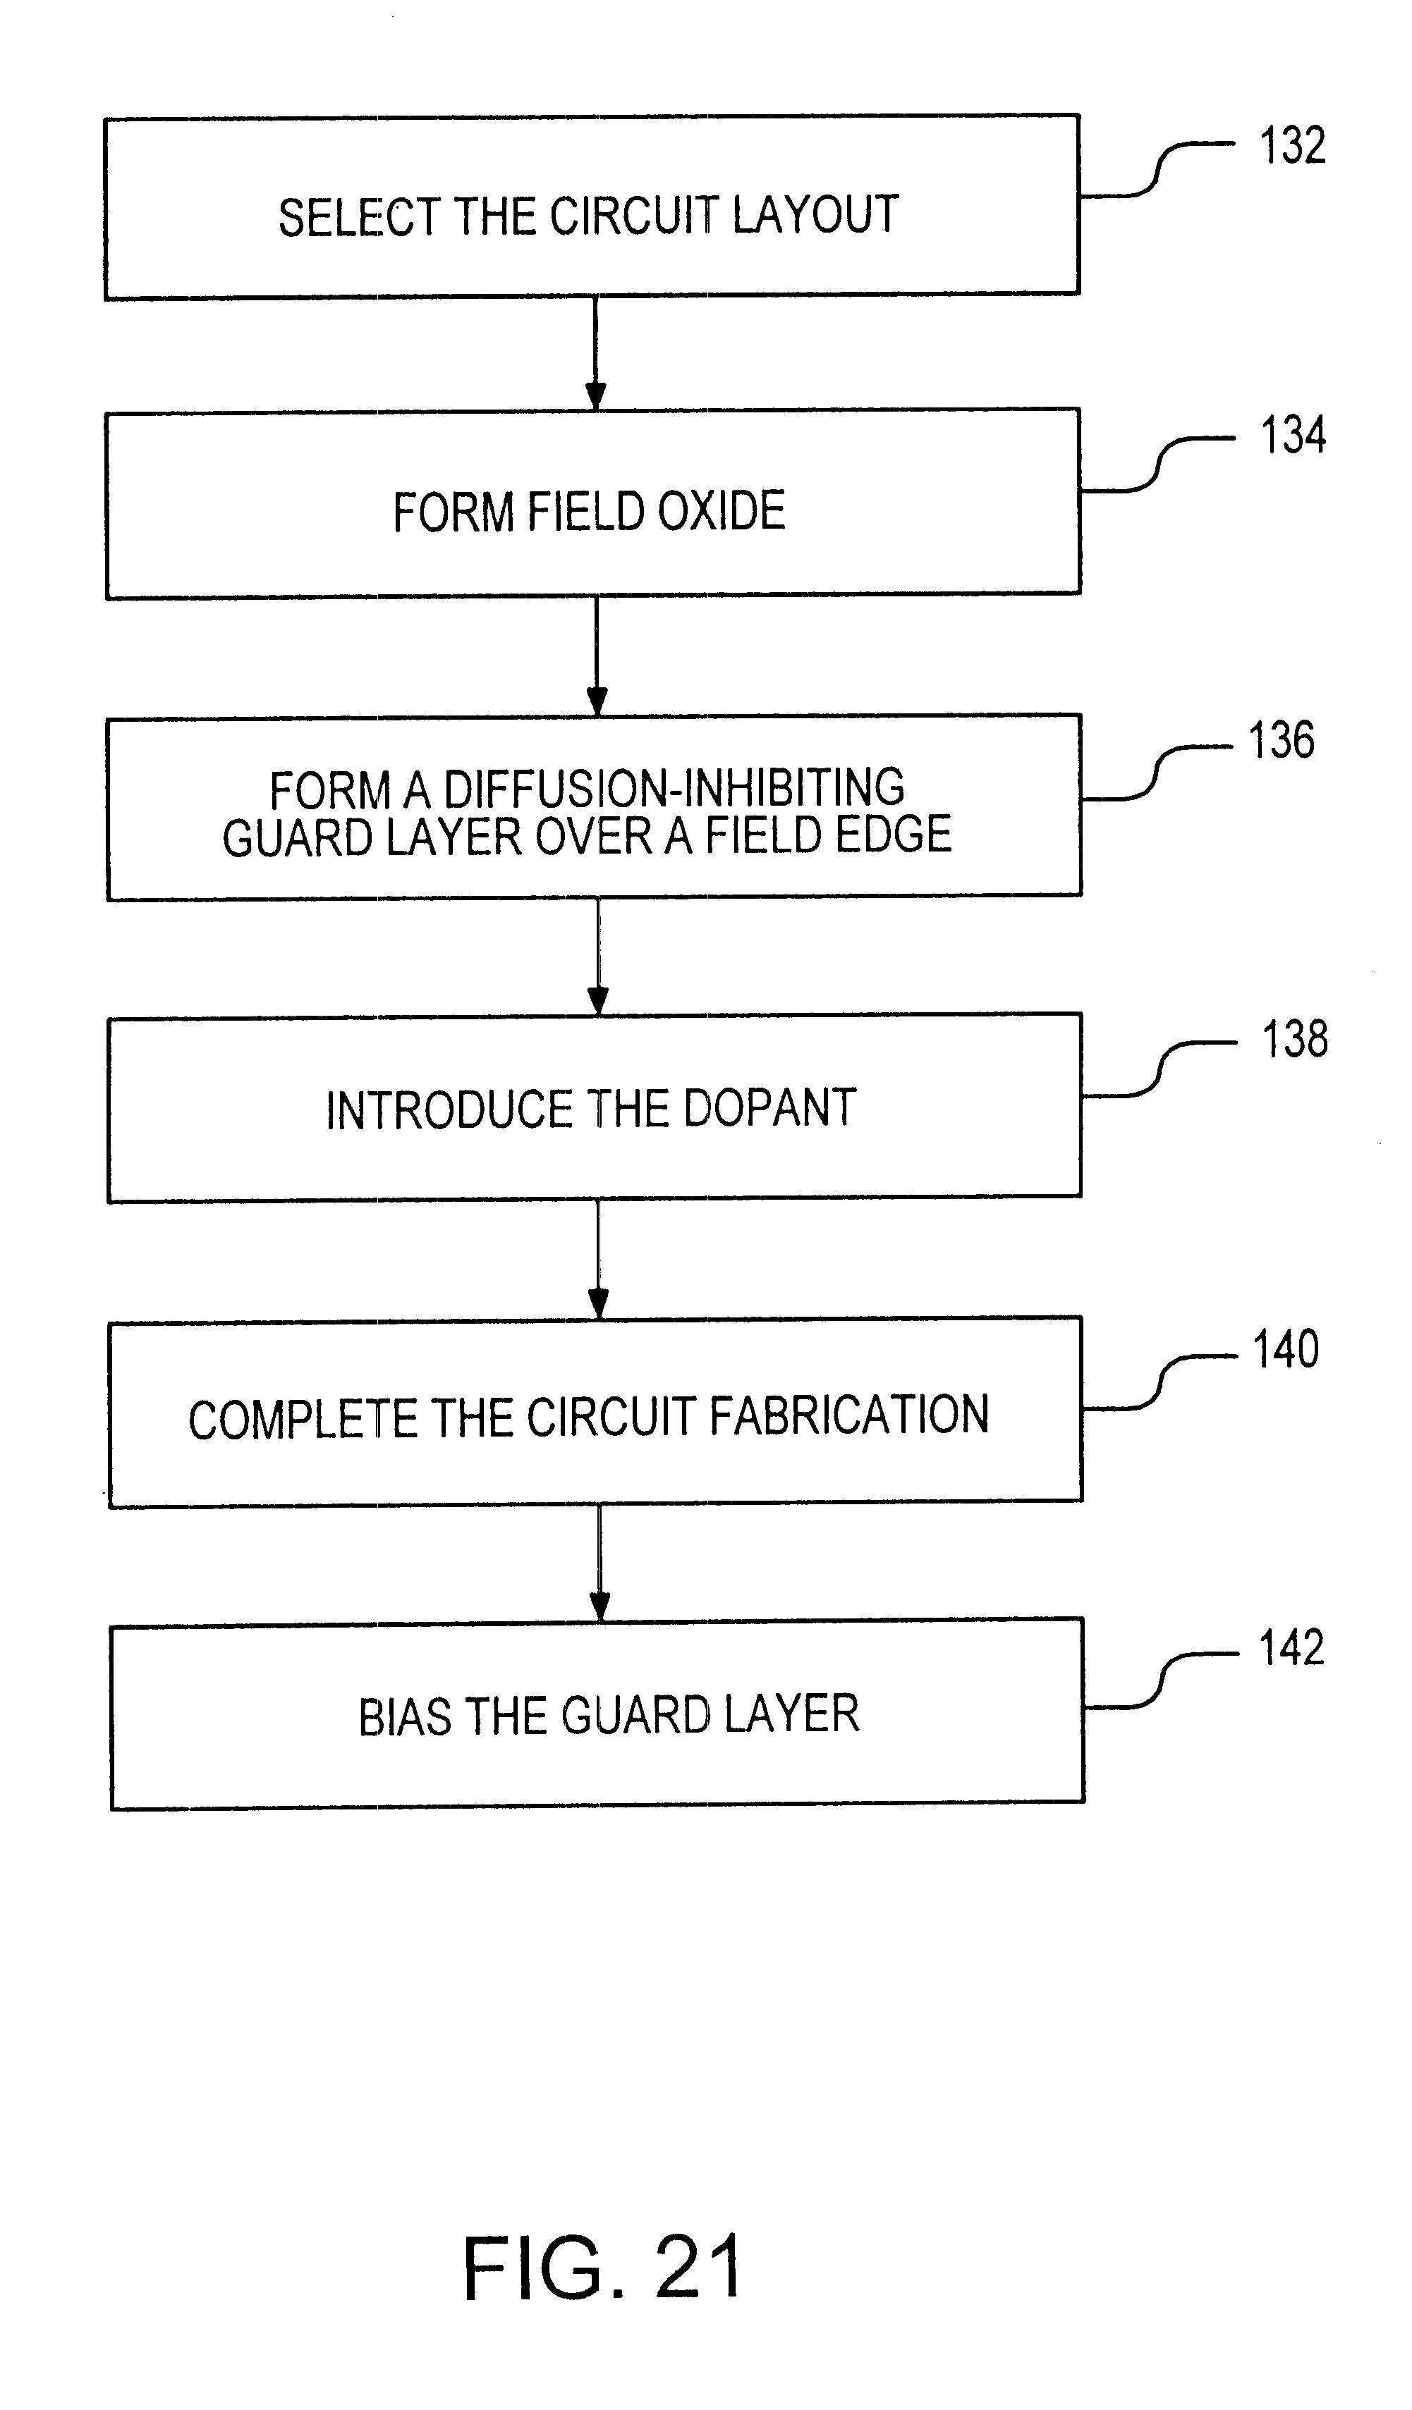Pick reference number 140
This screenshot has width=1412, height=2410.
[x=1286, y=1349]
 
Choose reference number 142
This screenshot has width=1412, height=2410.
[x=1291, y=1648]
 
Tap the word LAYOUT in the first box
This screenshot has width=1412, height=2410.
[x=816, y=214]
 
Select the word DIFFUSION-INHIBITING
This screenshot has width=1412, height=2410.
[x=674, y=789]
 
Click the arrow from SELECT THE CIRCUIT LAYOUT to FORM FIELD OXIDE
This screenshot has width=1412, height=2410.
[x=595, y=353]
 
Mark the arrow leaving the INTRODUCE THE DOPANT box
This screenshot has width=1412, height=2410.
[x=598, y=1260]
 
